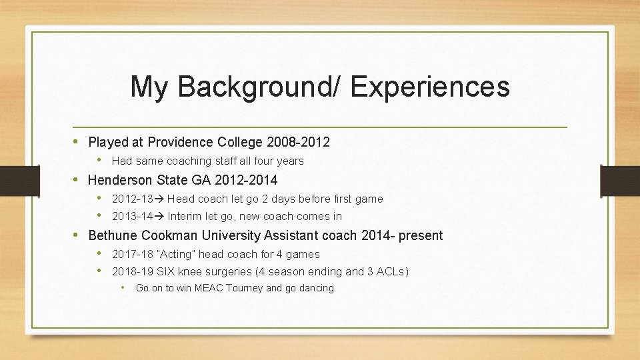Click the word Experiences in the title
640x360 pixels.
(430, 87)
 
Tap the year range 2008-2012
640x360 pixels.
(298, 142)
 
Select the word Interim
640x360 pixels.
(186, 216)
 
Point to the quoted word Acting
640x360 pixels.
(177, 254)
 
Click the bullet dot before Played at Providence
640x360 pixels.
(77, 141)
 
